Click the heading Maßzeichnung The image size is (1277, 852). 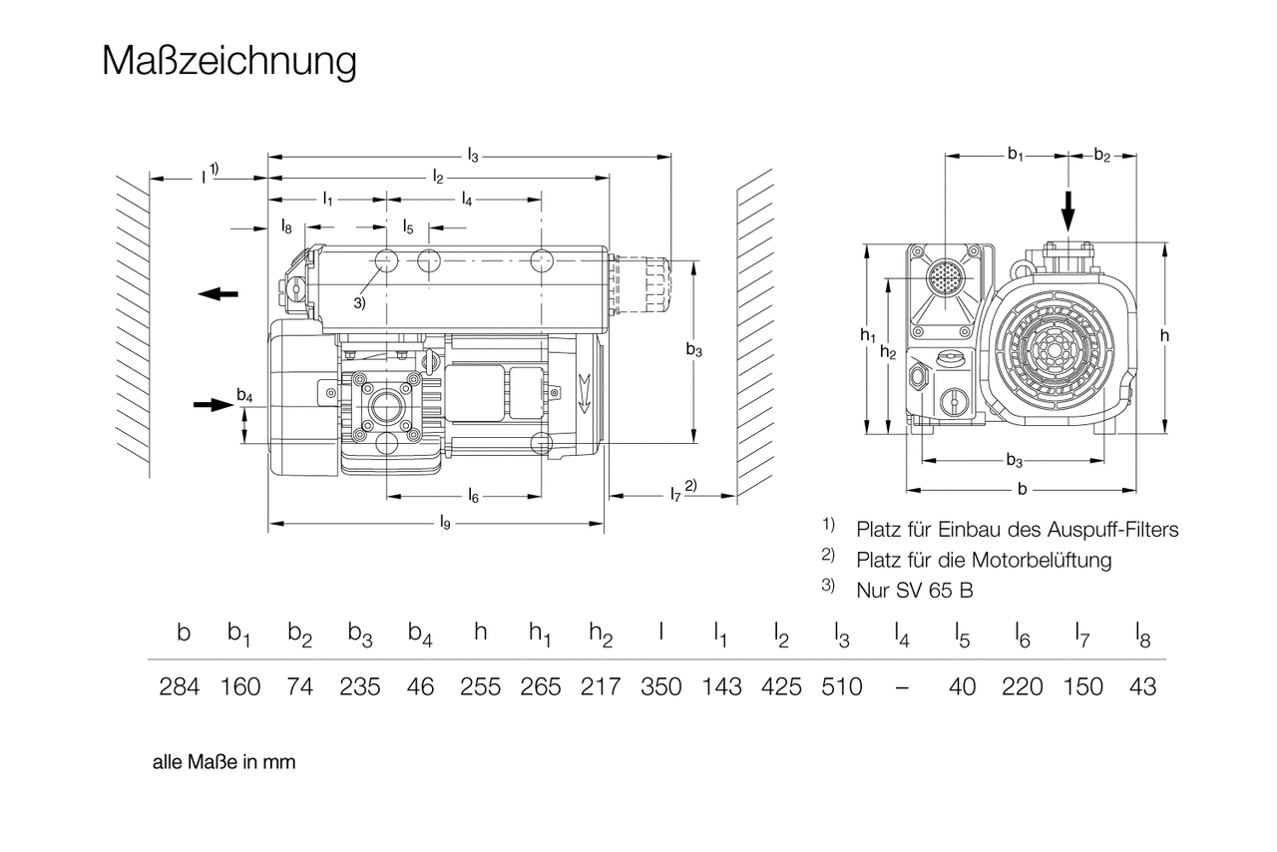228,61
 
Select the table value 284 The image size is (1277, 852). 180,686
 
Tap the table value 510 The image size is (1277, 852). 842,686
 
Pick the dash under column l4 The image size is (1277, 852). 902,687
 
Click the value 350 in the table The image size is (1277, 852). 661,686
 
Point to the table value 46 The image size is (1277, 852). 421,686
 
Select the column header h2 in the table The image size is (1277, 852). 600,634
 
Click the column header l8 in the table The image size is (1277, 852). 1144,634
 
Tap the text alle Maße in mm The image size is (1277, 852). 224,762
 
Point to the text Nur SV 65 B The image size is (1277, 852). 914,590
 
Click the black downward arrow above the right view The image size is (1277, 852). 1068,209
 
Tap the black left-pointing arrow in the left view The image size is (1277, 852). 217,293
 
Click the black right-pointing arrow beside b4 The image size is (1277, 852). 212,404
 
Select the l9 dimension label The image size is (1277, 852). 445,522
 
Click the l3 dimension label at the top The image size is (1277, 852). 473,156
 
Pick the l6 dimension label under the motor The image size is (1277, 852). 473,495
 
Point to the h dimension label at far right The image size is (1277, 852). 1164,336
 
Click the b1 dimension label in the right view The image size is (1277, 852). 1015,155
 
